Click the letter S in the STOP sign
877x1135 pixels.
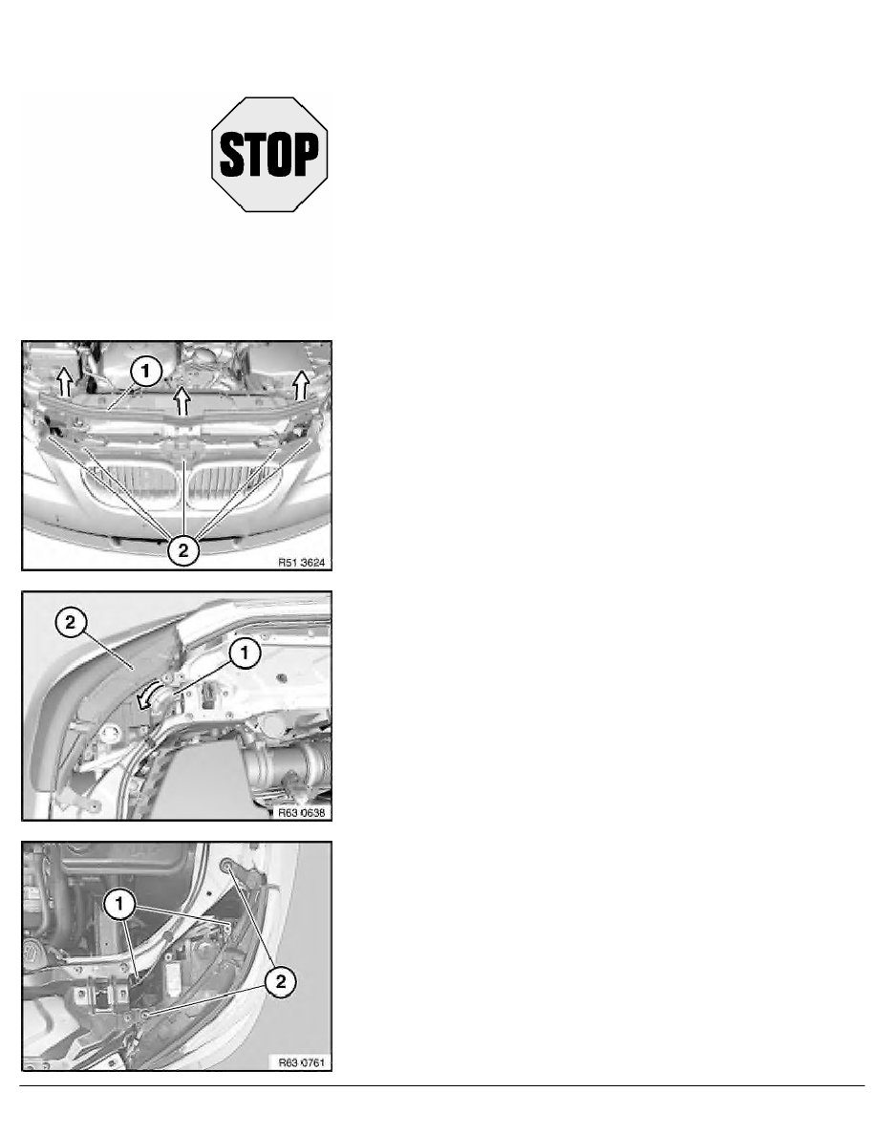pyautogui.click(x=231, y=155)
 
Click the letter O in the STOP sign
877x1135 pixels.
pyautogui.click(x=282, y=155)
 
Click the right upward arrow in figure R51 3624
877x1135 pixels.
pyautogui.click(x=301, y=384)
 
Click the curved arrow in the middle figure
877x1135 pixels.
pyautogui.click(x=147, y=701)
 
